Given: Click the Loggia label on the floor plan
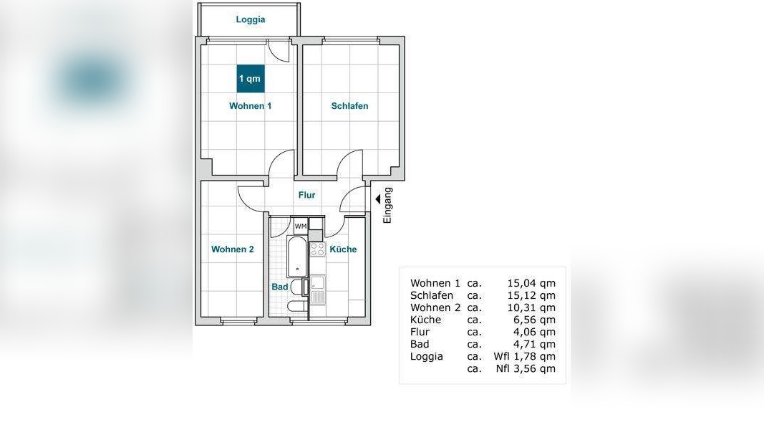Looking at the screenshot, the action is coord(251,19).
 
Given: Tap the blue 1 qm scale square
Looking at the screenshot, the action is coord(251,79).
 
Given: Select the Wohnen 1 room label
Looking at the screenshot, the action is coord(251,106).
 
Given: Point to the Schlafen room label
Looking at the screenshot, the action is coord(350,106).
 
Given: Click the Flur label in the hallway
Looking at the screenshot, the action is coord(307,195).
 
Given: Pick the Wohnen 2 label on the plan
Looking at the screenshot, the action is coord(233,249).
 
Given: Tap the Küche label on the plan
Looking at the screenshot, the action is coord(343,249).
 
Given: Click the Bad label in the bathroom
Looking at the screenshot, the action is coord(280,287).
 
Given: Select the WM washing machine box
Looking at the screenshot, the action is coord(301,226).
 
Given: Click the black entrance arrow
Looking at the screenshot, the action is coord(377,199).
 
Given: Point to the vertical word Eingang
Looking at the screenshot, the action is coord(387,205).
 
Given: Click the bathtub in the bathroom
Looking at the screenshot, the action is coord(296,256).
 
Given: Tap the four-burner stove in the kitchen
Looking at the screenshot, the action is coord(318,249).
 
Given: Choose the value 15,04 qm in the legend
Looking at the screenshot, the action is coord(531,283).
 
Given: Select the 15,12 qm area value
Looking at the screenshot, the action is coord(531,295).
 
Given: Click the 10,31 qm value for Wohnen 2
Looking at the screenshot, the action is coord(531,307).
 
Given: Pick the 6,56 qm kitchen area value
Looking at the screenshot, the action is coord(534,320).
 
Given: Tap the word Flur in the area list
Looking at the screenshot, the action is coord(420,332).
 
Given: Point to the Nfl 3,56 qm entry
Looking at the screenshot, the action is coord(526,368).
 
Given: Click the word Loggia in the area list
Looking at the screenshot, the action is coord(427,357).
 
